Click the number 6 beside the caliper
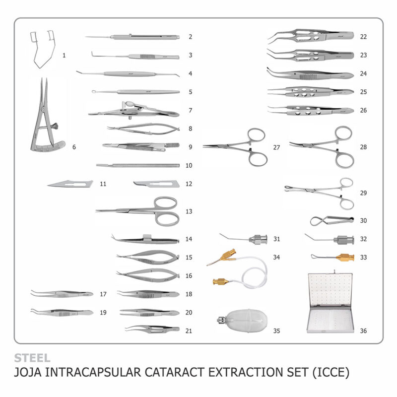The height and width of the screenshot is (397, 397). click(74, 147)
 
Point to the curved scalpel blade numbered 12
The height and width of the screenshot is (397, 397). click(156, 184)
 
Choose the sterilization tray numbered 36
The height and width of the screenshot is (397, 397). click(330, 303)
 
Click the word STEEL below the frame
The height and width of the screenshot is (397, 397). click(32, 358)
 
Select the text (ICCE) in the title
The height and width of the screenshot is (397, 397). click(331, 373)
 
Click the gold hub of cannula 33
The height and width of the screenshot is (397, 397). click(345, 258)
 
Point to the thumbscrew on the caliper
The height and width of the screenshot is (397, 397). click(55, 126)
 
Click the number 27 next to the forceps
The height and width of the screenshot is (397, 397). click(276, 147)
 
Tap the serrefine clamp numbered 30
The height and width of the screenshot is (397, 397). click(331, 220)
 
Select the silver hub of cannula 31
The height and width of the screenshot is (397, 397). click(258, 239)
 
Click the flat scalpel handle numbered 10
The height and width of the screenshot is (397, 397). click(138, 166)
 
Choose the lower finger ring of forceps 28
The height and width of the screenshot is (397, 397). click(344, 159)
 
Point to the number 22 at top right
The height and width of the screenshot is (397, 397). click(363, 37)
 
